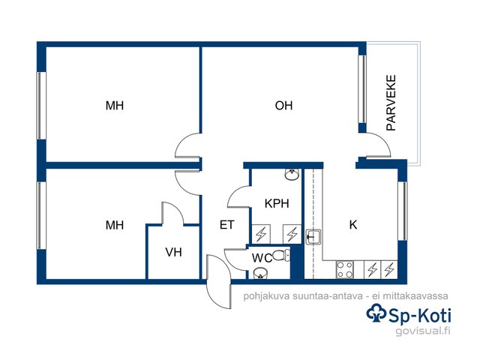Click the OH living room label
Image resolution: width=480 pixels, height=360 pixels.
coord(283,106)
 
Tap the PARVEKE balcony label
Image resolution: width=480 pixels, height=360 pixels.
coord(391,103)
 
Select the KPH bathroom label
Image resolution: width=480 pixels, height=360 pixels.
coord(277,203)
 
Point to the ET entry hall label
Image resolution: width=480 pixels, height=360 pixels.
coord(226,225)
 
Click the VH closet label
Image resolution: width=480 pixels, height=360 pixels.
coord(173,252)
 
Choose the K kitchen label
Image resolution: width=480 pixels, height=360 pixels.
coord(353,225)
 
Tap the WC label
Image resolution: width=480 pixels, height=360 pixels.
coord(262,258)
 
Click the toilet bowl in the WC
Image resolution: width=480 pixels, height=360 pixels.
coord(281,255)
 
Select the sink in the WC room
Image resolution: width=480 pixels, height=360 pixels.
coord(260,272)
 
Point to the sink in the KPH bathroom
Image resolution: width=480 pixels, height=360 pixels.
coord(292,174)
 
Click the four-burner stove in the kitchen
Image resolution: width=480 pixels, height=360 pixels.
coord(345,269)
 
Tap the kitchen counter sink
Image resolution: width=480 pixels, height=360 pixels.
coord(313,237)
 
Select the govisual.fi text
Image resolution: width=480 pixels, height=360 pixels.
coord(423,331)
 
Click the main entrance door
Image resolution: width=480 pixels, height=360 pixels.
coord(218,282)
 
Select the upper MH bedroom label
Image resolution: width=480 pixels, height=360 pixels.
coord(115,106)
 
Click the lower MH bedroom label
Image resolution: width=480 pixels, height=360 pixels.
coord(115,225)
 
